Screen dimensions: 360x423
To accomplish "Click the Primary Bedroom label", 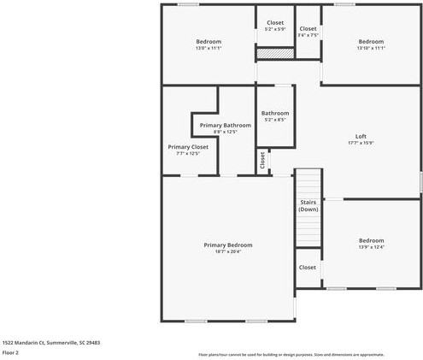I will [227, 245].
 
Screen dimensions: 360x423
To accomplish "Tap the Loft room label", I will [361, 137].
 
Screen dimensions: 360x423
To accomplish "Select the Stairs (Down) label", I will [308, 205].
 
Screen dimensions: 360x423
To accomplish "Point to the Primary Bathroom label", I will [225, 126].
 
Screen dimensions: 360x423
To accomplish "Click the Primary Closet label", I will [187, 147].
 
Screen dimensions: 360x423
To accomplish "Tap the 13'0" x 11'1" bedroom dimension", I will [209, 49].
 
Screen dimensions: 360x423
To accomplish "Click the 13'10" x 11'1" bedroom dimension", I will [371, 49].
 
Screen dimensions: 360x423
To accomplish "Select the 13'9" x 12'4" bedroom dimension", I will [371, 247].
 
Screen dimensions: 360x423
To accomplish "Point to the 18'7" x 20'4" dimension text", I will [227, 251].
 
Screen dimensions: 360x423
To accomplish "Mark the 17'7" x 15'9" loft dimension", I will [361, 143].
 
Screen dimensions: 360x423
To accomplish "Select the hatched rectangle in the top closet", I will [275, 53].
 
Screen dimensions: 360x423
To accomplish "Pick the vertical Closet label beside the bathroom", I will [262, 158].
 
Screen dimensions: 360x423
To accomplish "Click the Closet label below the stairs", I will [308, 267].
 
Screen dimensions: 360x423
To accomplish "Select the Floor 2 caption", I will [11, 352].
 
